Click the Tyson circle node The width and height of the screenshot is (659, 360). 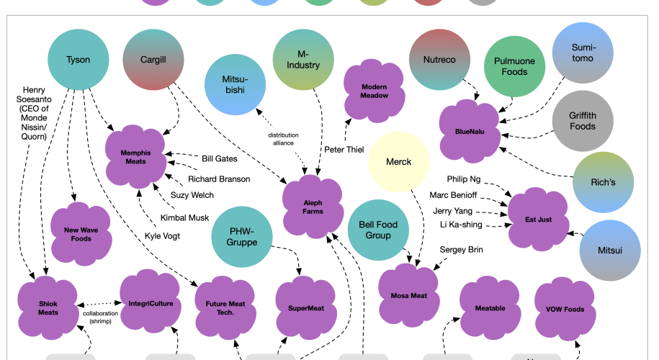[x=78, y=59]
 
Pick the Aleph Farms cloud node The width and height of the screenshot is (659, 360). [x=313, y=206]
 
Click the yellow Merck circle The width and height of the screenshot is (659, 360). [x=398, y=162]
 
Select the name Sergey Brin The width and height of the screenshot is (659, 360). [x=461, y=250]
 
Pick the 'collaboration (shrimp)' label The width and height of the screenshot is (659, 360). [x=101, y=318]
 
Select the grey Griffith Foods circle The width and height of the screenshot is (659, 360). [x=583, y=120]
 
